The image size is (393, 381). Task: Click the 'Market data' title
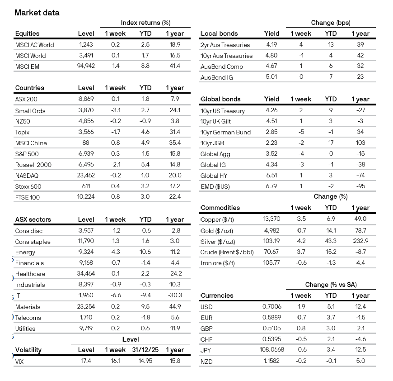click(37, 12)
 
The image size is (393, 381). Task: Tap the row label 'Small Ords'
click(30, 110)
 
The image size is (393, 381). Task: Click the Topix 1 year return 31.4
click(174, 132)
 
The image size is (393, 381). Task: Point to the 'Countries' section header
click(30, 88)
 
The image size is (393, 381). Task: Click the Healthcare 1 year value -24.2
click(174, 274)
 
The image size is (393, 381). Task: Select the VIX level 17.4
click(86, 361)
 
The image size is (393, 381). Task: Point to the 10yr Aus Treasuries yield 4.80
click(271, 56)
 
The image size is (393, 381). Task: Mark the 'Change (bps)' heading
click(330, 23)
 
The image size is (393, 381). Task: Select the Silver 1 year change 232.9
click(360, 241)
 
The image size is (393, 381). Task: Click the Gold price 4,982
click(271, 230)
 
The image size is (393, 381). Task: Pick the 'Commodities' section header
click(220, 208)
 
